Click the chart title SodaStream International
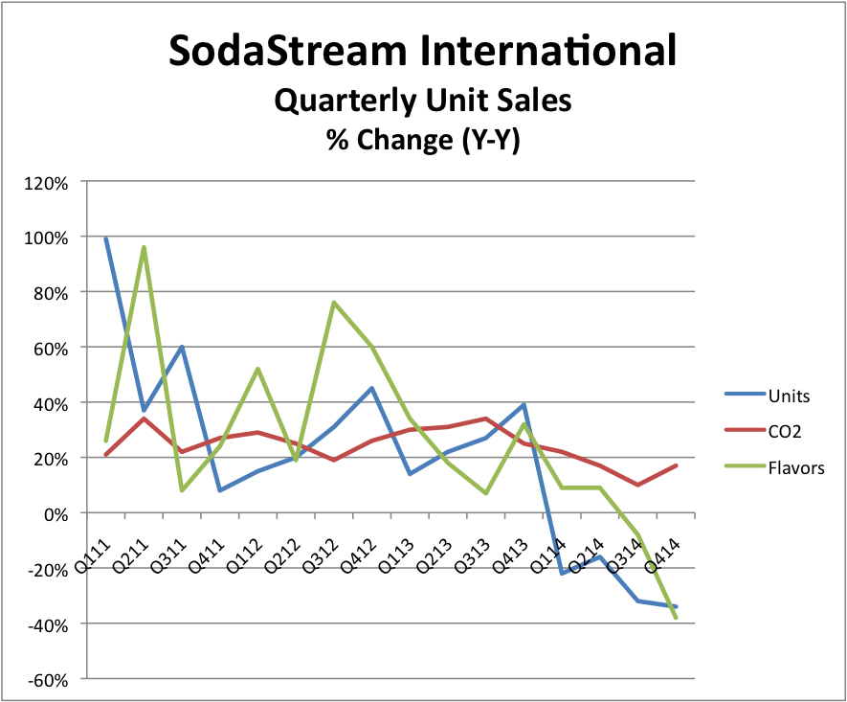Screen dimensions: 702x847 (422, 50)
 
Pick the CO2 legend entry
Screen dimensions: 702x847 (785, 431)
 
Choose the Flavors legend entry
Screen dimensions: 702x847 (794, 468)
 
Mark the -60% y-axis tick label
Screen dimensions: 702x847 (48, 680)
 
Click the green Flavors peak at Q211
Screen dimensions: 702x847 (144, 247)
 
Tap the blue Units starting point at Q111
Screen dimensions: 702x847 (105, 239)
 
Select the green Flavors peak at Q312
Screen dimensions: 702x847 (334, 303)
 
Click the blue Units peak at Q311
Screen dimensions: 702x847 (182, 347)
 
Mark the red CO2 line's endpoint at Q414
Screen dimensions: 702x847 (677, 465)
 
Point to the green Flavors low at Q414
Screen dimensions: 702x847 (677, 618)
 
